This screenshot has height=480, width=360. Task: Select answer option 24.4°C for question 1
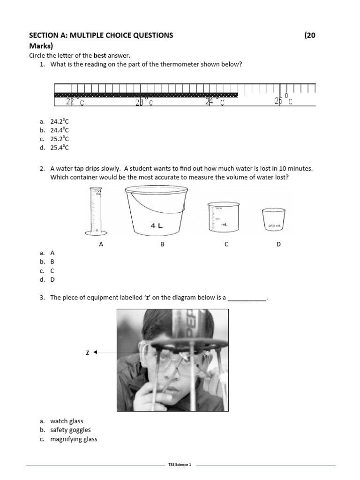[60, 130]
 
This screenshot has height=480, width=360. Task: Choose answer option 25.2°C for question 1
[60, 139]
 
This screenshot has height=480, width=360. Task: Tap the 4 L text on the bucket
[157, 225]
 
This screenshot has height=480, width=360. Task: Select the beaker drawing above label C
[223, 217]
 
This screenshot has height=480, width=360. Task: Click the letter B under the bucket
[162, 244]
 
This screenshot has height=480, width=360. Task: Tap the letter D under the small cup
[278, 244]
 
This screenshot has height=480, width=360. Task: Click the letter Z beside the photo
[87, 352]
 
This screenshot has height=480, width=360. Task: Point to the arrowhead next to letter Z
[95, 352]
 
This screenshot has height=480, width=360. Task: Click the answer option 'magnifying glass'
[74, 439]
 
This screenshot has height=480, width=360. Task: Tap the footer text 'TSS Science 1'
[180, 465]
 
